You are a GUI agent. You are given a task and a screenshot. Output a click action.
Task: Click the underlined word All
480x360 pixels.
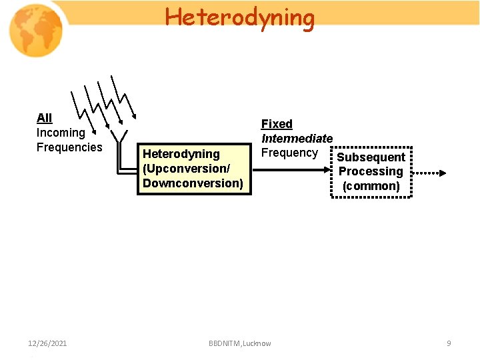pos(44,118)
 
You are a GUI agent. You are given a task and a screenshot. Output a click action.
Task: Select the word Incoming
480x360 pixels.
pos(61,133)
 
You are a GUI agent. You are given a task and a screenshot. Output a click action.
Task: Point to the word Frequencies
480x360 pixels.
pos(69,147)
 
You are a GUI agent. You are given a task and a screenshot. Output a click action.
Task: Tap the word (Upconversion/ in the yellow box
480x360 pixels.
pos(186,169)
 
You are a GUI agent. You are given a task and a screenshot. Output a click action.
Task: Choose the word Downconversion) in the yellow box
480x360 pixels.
pos(193,183)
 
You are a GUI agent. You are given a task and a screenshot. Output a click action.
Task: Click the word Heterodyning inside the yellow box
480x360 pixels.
pos(181,154)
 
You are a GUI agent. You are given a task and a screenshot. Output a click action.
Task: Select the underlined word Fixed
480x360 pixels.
pos(277,124)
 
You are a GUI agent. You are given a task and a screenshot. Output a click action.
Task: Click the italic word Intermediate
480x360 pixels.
pos(297,139)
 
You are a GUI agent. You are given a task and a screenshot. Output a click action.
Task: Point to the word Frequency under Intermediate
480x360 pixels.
pos(289,153)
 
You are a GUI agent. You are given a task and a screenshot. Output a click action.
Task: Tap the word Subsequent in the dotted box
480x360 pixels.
pos(371,157)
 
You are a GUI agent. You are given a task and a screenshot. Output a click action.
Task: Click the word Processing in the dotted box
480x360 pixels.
pos(371,172)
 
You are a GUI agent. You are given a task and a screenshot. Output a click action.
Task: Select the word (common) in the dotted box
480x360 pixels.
pos(371,186)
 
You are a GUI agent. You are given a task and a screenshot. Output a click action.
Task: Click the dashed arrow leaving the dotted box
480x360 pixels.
pos(430,173)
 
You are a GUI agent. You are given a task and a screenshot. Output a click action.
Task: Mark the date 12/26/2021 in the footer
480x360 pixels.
pos(47,343)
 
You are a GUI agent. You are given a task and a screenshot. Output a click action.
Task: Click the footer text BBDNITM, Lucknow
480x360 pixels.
pos(240,343)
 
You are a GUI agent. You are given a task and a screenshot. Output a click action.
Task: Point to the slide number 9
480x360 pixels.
pos(449,343)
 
